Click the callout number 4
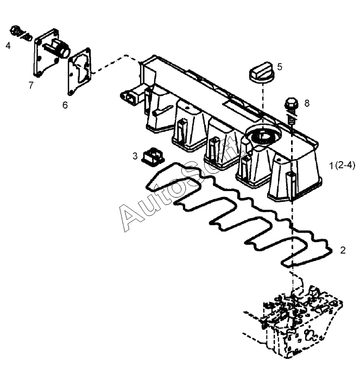click(8, 46)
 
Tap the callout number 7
click(31, 85)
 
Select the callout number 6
click(65, 105)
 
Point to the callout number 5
click(279, 67)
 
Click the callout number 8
click(307, 103)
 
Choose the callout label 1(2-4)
click(342, 166)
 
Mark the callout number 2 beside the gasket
click(343, 251)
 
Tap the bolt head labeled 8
click(291, 103)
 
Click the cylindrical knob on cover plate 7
click(62, 50)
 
